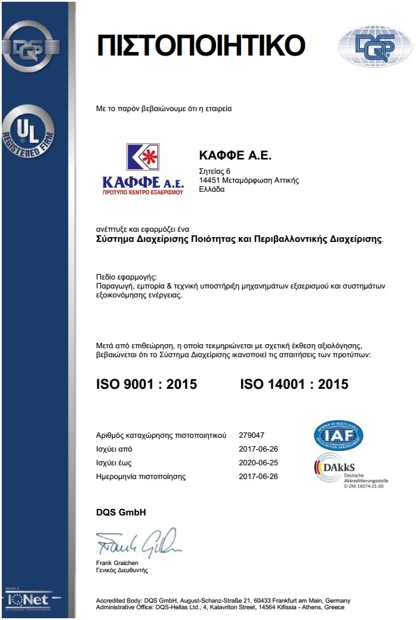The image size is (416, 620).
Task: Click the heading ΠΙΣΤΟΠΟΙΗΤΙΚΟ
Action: point(201,45)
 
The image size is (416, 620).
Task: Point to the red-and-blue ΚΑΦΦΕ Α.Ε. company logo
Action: point(142,170)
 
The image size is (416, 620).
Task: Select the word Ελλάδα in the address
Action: point(211,189)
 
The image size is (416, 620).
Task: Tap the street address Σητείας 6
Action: point(214,172)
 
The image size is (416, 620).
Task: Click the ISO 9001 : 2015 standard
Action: point(146,384)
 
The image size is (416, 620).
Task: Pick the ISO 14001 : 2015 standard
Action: point(294,384)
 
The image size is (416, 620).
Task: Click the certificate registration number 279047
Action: point(251,435)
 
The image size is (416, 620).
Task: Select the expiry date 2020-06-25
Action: point(258,463)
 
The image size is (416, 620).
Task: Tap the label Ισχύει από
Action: point(114,449)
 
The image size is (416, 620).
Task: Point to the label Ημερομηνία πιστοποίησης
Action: point(141,477)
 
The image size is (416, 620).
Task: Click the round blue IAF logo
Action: point(339,435)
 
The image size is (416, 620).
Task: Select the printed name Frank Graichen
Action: point(117,563)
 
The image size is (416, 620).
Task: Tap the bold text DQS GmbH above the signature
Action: point(121,512)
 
